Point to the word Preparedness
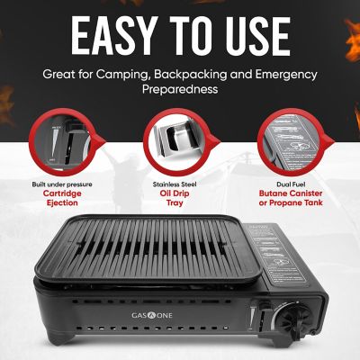pyautogui.click(x=180, y=90)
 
